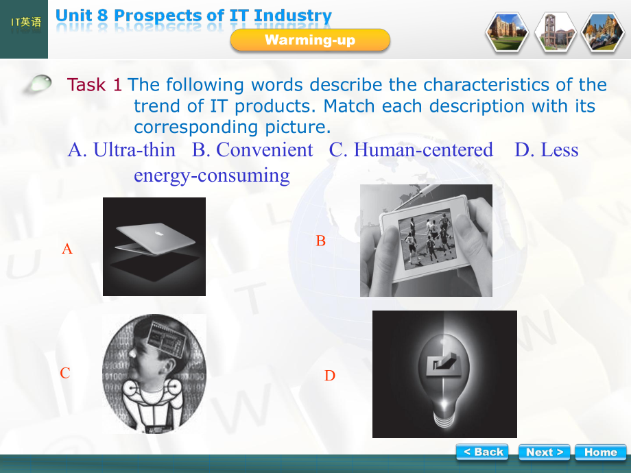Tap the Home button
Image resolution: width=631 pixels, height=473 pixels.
tap(600, 452)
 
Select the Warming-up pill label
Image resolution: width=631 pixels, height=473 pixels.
tap(310, 40)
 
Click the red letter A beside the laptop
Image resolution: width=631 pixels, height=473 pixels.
tap(67, 249)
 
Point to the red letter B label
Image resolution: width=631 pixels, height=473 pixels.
tap(320, 241)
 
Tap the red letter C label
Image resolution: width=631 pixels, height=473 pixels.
tap(65, 373)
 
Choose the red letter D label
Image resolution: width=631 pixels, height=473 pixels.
tap(330, 376)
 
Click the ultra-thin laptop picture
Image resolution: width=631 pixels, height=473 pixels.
tap(154, 246)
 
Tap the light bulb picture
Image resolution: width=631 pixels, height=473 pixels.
tap(444, 374)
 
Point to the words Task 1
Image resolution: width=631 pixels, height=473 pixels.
tap(95, 85)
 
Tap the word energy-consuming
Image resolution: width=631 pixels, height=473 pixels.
tap(211, 175)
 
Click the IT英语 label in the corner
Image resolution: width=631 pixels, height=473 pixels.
tap(25, 23)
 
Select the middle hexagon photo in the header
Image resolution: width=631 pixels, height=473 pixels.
tap(555, 32)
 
